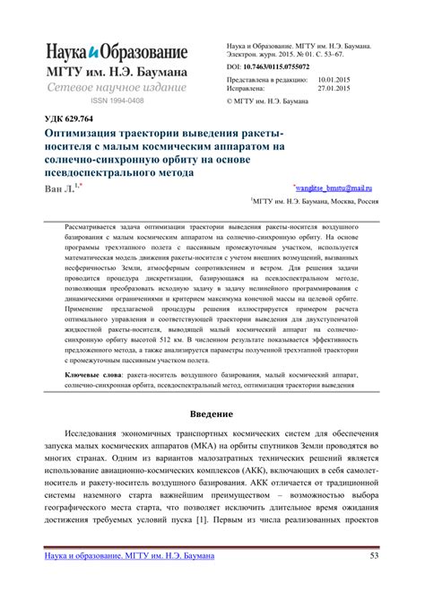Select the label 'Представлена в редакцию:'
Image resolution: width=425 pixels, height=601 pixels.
click(x=260, y=80)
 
